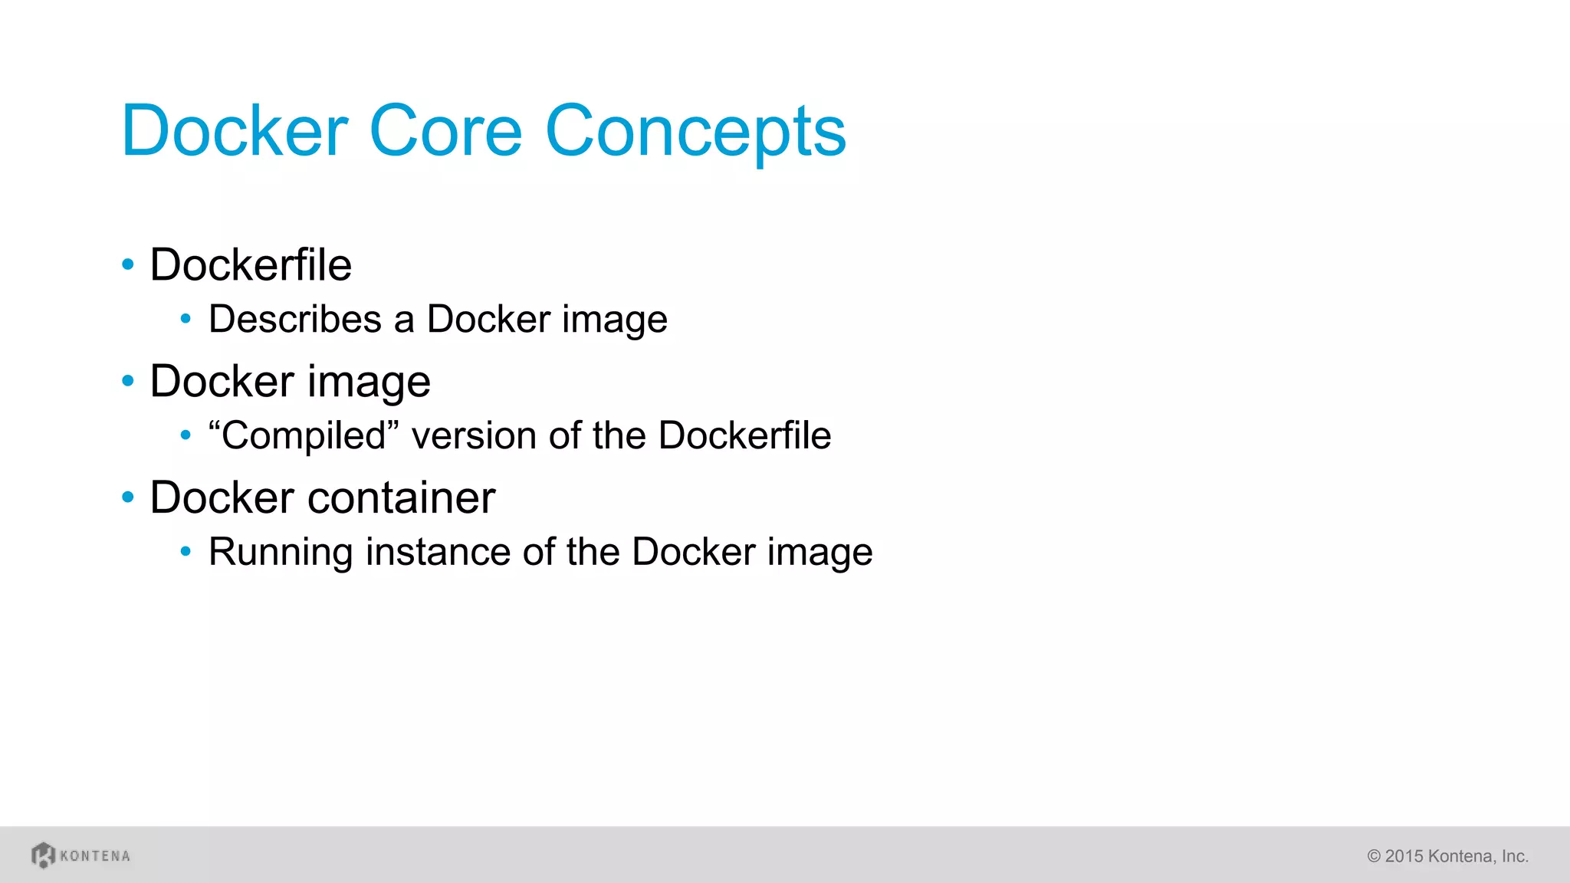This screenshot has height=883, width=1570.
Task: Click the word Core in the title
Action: coord(445,131)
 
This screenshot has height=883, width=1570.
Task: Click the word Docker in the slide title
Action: coord(235,131)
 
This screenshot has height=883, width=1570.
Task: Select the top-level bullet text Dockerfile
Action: coord(251,265)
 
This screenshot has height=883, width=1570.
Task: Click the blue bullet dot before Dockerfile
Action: coord(128,265)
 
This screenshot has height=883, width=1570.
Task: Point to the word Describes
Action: coord(294,319)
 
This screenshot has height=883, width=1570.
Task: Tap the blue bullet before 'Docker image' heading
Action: coord(128,381)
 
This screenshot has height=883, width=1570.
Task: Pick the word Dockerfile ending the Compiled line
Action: coord(744,435)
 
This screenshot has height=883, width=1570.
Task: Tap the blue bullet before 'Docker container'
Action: coord(128,497)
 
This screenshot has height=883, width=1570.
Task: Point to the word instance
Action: coord(438,552)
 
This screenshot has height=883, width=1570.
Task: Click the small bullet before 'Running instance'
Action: coord(186,551)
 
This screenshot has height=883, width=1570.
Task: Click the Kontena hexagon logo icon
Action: coord(43,855)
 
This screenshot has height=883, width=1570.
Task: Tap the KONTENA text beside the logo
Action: coord(95,855)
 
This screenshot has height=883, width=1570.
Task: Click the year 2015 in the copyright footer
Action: coord(1404,856)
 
